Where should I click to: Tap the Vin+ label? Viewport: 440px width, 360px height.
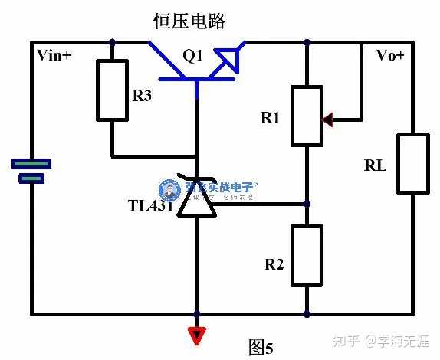click(x=54, y=55)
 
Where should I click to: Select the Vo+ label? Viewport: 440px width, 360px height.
click(x=389, y=55)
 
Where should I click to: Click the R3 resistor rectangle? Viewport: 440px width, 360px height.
click(x=112, y=91)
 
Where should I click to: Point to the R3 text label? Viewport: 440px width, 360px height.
click(x=143, y=96)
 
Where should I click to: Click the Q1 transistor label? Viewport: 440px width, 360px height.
click(x=193, y=55)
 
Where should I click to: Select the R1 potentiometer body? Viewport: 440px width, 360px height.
click(x=307, y=116)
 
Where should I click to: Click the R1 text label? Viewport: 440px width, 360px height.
click(x=271, y=118)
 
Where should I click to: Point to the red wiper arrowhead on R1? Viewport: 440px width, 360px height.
click(x=328, y=119)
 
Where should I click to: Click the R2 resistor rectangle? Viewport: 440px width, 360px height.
click(x=307, y=256)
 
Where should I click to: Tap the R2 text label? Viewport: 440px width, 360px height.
click(x=274, y=264)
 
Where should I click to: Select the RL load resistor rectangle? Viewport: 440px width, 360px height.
click(x=412, y=163)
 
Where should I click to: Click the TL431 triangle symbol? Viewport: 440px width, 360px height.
click(x=197, y=201)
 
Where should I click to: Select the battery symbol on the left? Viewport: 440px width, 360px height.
click(x=31, y=170)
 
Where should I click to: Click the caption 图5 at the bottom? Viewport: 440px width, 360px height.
click(x=261, y=347)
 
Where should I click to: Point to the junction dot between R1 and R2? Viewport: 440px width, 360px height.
click(x=307, y=205)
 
